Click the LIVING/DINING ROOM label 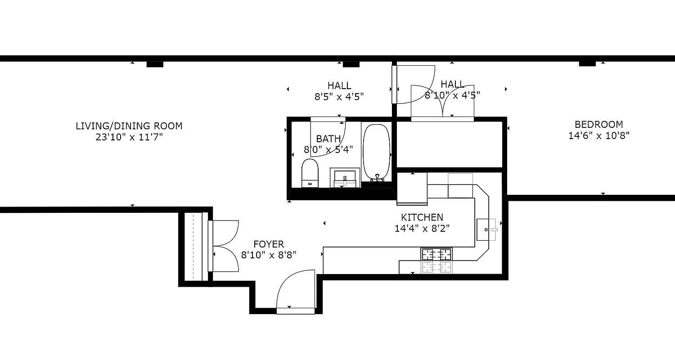(129, 126)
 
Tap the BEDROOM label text (598, 124)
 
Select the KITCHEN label (422, 217)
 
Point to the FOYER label (269, 244)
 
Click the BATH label (328, 139)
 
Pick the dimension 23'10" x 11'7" (129, 137)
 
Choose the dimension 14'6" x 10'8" (598, 135)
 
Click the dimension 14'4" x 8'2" (422, 228)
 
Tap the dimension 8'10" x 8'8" (269, 255)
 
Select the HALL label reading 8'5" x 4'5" (339, 85)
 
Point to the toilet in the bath (310, 173)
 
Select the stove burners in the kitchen (436, 254)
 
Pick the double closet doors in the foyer (225, 245)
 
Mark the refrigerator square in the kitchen (412, 188)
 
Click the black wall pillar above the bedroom (587, 63)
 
